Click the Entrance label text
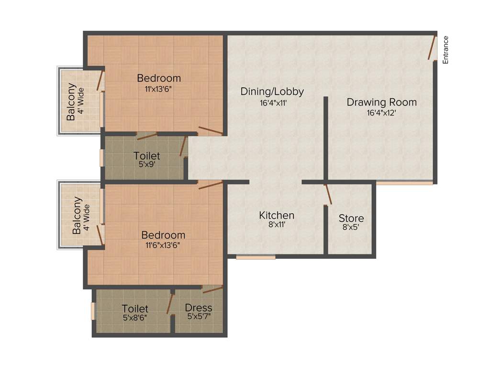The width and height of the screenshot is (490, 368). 445,50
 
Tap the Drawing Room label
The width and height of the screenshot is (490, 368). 381,102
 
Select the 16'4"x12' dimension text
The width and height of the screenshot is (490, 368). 381,113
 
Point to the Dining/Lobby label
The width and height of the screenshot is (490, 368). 272,92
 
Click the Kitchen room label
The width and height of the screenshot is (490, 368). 277,215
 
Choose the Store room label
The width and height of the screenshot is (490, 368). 351,218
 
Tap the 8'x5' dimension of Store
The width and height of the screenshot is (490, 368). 351,228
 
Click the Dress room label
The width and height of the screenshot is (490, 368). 199,308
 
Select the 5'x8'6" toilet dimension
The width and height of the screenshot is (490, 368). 134,317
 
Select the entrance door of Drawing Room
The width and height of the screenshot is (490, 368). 433,48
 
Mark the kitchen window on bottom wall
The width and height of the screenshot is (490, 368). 256,257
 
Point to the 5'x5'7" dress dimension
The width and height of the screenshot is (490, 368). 199,317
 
